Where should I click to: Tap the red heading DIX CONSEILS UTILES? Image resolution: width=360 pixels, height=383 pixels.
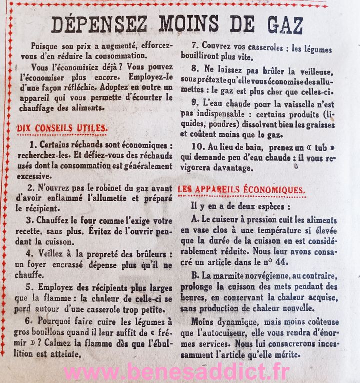coord(62,128)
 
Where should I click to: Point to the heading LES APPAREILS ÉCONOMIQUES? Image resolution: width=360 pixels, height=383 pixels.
coord(241,190)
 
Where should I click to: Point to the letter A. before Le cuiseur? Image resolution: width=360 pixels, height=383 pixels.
coord(195,220)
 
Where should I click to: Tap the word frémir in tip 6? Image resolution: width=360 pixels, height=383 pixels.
coord(159,332)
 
